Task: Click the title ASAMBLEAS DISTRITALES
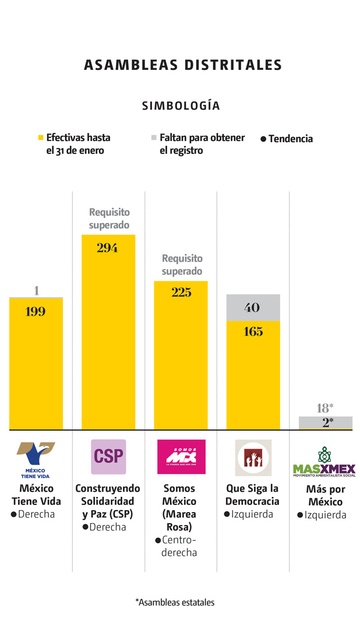pos(182,65)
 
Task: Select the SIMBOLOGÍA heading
pos(181,105)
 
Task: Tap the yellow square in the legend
pos(40,138)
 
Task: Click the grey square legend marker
pos(154,138)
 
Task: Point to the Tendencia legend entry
pos(287,139)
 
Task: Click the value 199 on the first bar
pos(36,312)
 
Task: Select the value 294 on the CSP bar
pos(108,248)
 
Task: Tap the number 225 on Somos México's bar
pos(181,292)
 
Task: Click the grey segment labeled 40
pos(253,308)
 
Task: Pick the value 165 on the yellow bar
pos(253,332)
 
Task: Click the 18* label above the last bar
pos(325,408)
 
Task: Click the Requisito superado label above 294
pos(109,218)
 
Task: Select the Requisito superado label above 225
pos(182,264)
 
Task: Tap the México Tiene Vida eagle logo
pos(36,459)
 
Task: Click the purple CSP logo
pos(108,457)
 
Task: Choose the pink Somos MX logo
pos(181,457)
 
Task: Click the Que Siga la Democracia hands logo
pos(253,458)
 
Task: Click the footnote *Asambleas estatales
pos(175,602)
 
